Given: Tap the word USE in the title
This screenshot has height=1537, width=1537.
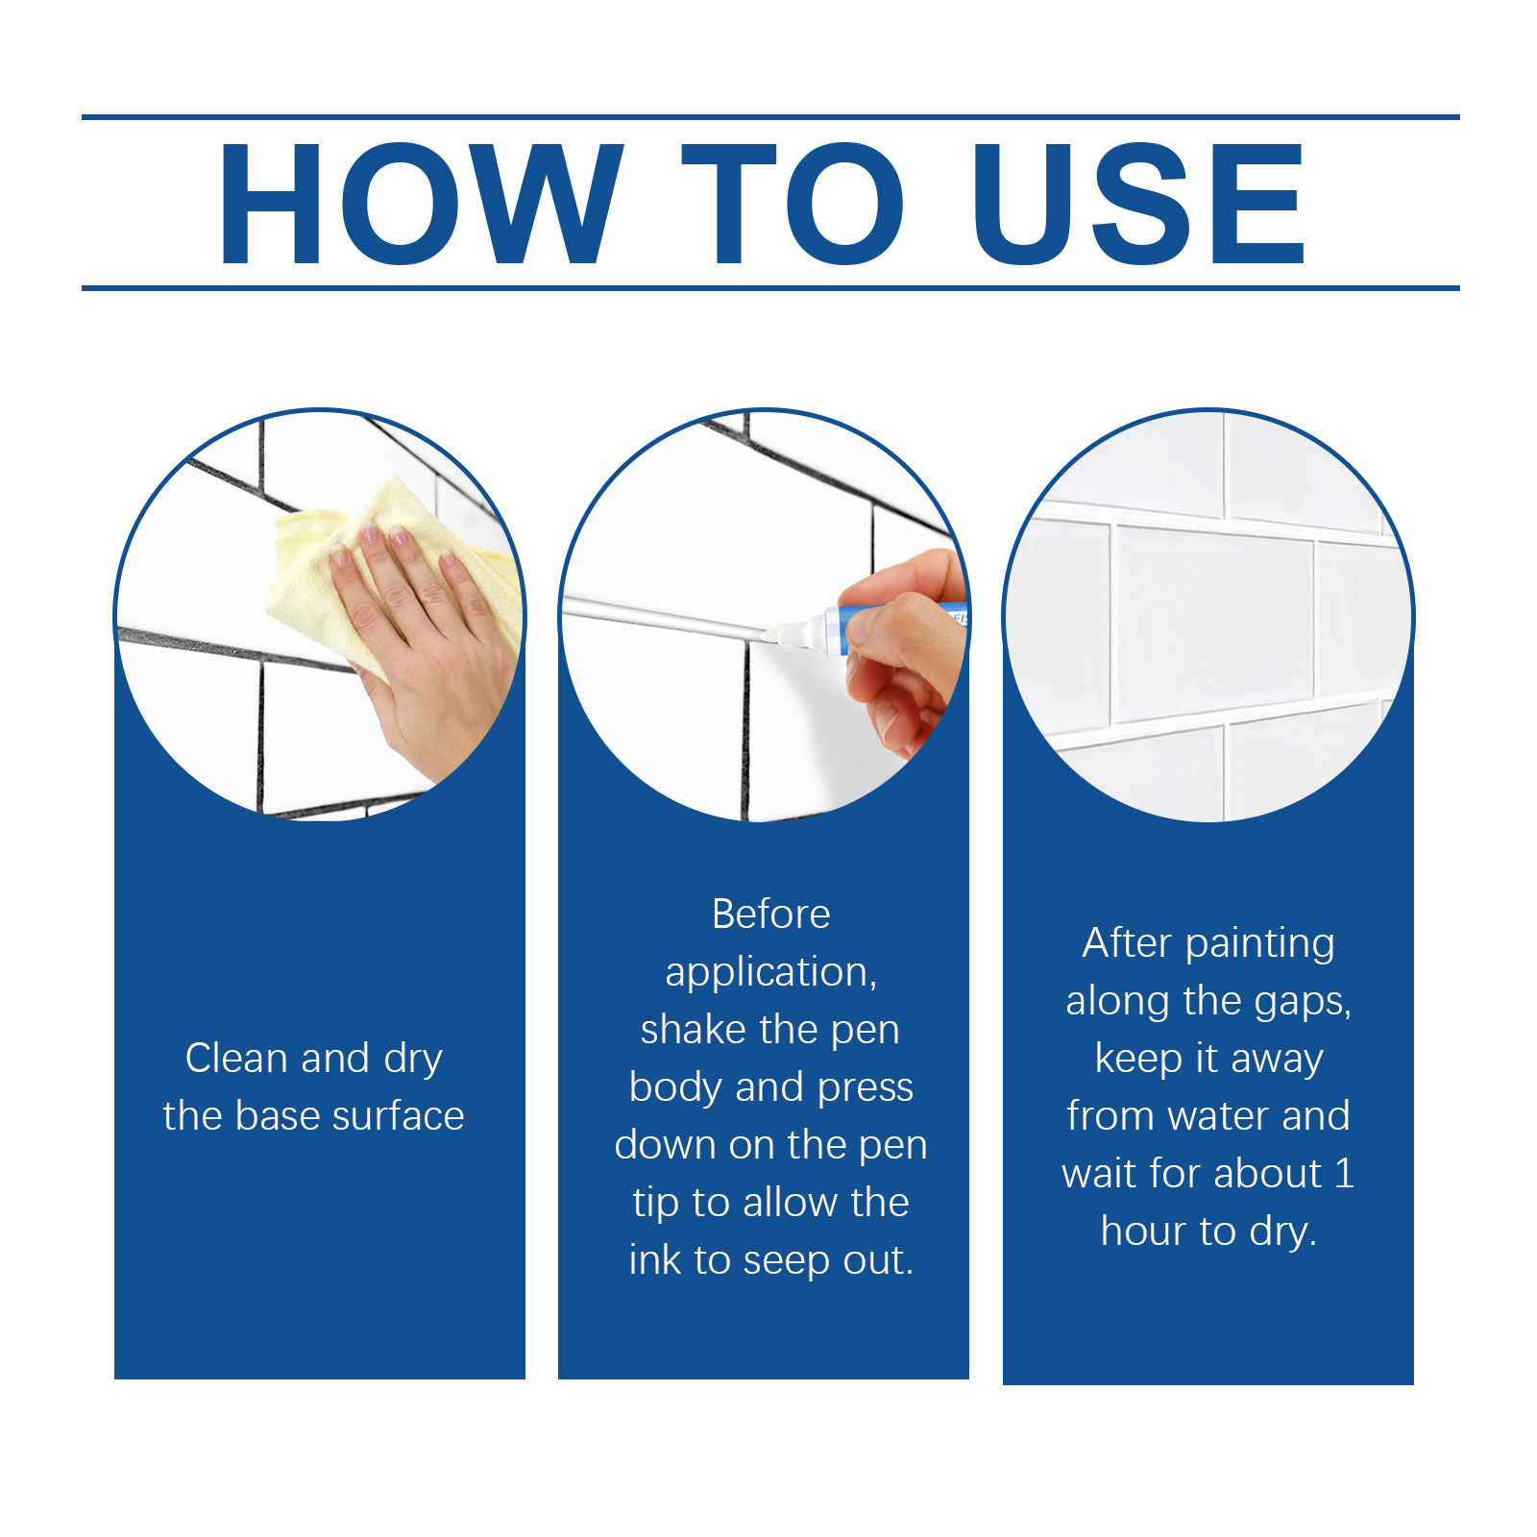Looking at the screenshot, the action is pyautogui.click(x=1139, y=203).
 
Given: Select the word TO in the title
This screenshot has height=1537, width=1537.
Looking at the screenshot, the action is pyautogui.click(x=793, y=203).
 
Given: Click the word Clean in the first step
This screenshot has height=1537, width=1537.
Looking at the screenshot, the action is pyautogui.click(x=237, y=1058).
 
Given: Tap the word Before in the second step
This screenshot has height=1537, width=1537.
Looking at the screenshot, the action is pyautogui.click(x=771, y=914).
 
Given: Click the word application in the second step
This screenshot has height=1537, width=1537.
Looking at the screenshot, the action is pyautogui.click(x=767, y=973).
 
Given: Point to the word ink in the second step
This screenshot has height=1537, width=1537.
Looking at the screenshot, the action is pyautogui.click(x=654, y=1259).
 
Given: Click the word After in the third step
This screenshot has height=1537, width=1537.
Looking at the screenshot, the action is pyautogui.click(x=1128, y=942).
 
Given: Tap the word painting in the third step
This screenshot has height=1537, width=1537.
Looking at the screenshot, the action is pyautogui.click(x=1260, y=944).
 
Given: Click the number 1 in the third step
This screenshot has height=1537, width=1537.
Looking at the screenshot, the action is pyautogui.click(x=1344, y=1173).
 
